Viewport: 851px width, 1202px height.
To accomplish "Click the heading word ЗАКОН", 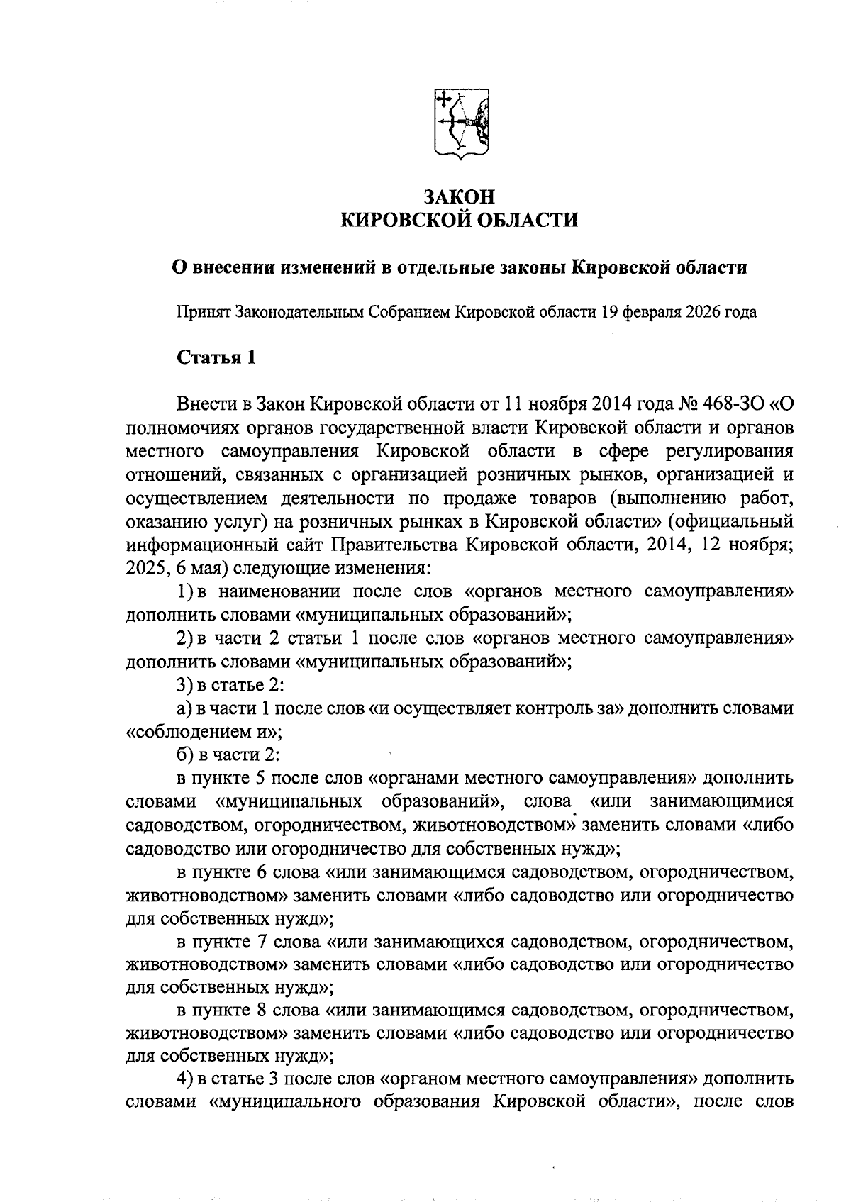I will [460, 196].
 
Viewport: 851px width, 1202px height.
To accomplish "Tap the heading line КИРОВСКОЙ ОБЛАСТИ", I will [460, 221].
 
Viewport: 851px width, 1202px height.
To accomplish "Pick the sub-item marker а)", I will [184, 708].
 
